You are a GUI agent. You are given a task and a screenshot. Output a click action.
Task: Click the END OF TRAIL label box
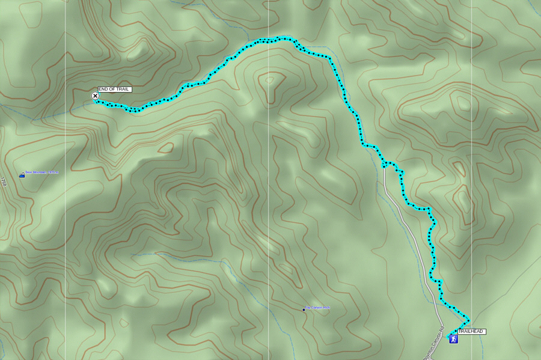click(x=114, y=90)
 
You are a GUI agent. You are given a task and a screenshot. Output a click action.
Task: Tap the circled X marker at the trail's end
click(x=95, y=96)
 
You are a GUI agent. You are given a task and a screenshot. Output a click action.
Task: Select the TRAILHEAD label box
click(x=471, y=332)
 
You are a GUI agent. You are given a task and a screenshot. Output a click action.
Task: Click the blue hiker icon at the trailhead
click(x=454, y=339)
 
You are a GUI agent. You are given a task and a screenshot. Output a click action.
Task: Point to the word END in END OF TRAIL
click(x=103, y=90)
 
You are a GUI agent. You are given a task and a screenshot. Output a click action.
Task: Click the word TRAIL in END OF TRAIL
click(x=123, y=90)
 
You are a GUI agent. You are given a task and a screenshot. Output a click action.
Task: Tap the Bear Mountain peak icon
click(x=22, y=175)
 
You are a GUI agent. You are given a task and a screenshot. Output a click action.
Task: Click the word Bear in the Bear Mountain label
click(x=29, y=172)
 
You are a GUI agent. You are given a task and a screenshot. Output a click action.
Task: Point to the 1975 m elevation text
click(x=53, y=172)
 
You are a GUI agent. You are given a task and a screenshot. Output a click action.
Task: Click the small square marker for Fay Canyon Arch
click(x=304, y=310)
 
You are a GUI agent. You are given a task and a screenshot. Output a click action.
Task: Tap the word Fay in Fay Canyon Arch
click(x=308, y=308)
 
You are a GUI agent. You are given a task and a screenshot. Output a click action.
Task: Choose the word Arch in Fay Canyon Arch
click(x=326, y=308)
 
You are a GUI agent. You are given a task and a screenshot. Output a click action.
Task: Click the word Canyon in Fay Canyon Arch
click(x=316, y=308)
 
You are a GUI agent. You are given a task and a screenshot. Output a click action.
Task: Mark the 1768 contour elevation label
click(x=3, y=182)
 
